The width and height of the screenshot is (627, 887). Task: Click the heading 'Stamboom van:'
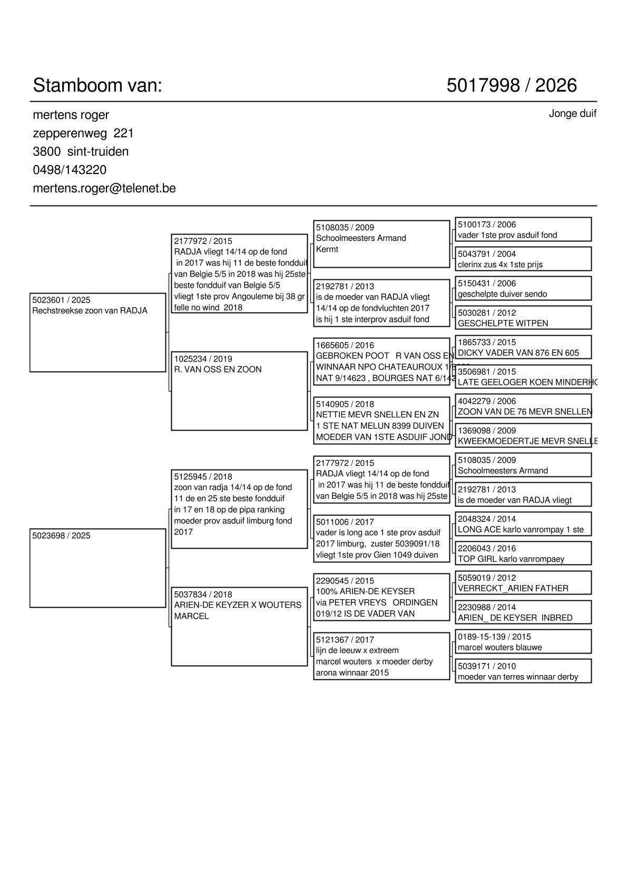point(97,85)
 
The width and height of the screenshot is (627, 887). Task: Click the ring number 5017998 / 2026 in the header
point(511,85)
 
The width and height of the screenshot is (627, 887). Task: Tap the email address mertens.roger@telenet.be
point(104,188)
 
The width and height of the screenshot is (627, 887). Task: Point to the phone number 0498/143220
point(70,170)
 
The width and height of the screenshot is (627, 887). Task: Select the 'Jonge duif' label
point(572,113)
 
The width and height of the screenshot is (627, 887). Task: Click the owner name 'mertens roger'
point(71,115)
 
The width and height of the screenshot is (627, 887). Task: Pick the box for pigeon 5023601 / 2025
point(98,333)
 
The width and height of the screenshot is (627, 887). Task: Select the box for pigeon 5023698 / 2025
point(98,568)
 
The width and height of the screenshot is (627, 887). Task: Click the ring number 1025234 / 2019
point(203,359)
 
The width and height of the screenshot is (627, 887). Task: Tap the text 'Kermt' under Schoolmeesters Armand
point(327,249)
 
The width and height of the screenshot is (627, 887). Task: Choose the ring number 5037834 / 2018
point(203,594)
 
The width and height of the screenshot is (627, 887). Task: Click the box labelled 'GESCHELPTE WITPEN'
point(523,318)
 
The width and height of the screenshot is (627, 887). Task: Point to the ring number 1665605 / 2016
point(345,345)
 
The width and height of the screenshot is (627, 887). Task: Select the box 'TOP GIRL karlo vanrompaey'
point(523,553)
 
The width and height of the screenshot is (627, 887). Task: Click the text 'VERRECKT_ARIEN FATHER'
point(513,588)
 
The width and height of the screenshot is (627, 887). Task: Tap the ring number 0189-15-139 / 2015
point(494,637)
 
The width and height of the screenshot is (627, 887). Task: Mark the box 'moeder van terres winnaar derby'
point(523,671)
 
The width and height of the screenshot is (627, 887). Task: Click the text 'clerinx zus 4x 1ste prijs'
point(500,265)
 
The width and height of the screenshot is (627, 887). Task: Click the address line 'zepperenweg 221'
point(83,133)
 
